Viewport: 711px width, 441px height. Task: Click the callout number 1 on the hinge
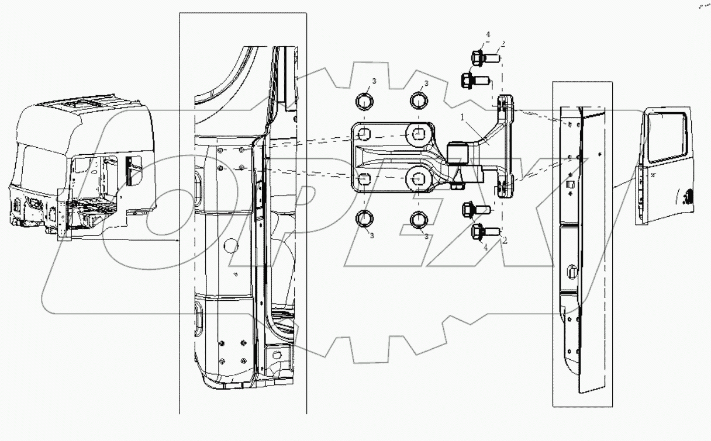coord(463,117)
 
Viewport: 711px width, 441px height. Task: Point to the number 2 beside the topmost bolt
coord(502,44)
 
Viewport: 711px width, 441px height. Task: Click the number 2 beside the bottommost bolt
coord(504,240)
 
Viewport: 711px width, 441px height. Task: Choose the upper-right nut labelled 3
coord(419,102)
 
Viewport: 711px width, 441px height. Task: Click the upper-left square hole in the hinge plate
coord(363,134)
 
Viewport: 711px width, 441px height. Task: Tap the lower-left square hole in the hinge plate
coord(363,178)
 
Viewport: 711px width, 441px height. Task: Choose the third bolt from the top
coord(474,209)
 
